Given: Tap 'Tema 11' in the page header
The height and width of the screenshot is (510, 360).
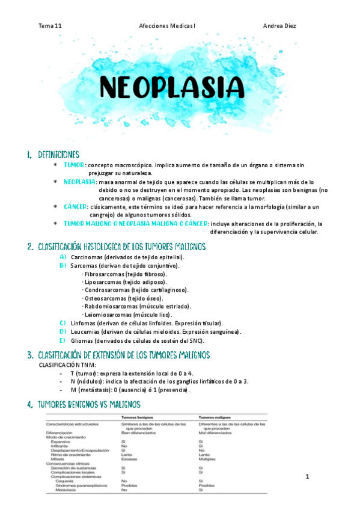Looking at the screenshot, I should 50,26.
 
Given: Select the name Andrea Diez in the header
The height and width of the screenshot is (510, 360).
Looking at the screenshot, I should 279,26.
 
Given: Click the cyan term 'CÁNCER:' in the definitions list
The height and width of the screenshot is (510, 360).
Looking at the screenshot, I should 76,206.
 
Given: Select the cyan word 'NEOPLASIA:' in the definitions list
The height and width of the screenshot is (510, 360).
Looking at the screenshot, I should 80,181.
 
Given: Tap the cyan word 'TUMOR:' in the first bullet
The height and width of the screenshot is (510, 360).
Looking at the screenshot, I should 75,164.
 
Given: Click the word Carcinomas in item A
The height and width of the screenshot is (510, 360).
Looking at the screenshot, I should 88,257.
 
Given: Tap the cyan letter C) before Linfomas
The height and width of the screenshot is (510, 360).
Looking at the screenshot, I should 63,323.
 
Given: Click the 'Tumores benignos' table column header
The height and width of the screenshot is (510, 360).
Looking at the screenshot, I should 138,417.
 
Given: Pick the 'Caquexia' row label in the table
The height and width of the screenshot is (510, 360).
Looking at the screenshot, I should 66,481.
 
